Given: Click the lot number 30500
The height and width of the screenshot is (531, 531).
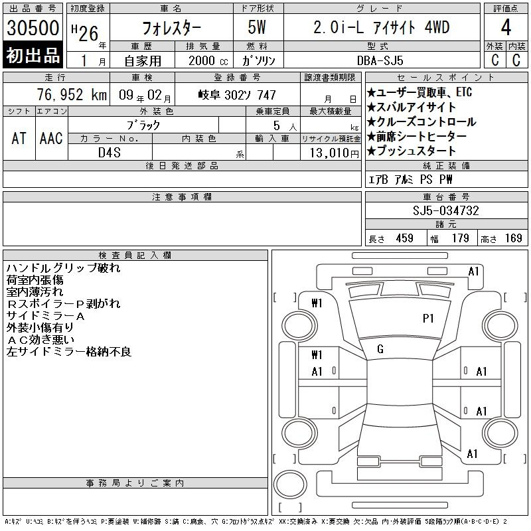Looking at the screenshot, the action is coord(33,27).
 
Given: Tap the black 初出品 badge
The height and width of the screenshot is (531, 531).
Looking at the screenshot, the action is coord(33,55).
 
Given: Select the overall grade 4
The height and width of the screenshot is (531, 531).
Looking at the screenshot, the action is coord(506,27).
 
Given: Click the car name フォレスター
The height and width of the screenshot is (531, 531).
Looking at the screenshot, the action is coord(171,28).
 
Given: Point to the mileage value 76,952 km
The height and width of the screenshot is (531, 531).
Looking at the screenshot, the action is coord(72,94).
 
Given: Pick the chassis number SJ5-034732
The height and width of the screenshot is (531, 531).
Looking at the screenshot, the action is coord(445,210).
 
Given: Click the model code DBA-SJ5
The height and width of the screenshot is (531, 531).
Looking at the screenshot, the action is coord(380,60).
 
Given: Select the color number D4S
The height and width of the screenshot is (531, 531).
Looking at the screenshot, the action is coord(110,153).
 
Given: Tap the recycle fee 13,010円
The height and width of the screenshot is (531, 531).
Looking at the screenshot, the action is coord(335,153).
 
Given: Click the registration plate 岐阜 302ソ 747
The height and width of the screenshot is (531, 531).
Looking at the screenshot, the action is coord(237,95).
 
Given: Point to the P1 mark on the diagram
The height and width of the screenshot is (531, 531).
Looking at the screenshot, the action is coord(428,319).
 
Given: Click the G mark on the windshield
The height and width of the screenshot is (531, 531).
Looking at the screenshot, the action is coord(380,349).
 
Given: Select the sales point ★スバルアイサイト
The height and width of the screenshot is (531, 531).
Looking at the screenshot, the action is coord(412,107).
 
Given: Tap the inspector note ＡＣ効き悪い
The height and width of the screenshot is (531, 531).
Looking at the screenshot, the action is coord(40,340).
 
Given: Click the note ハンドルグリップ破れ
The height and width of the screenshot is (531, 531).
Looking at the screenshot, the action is coord(63,268).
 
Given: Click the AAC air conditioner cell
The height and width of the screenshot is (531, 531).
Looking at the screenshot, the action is coord(51,138).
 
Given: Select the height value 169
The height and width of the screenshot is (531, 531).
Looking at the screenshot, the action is coord(513,238).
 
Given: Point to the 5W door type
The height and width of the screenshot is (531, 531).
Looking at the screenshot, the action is coord(257,27).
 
